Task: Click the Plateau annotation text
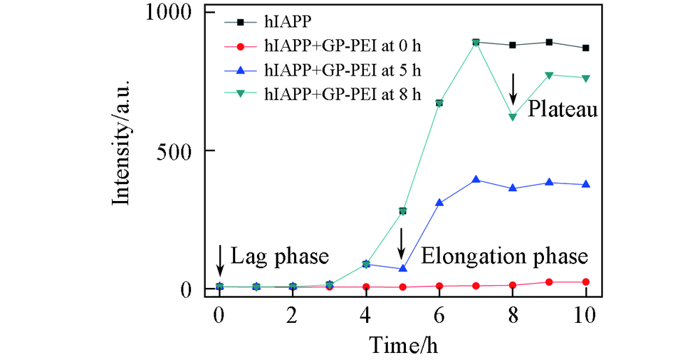562,110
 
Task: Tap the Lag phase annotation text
279,256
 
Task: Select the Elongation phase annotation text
504,256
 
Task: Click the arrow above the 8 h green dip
513,88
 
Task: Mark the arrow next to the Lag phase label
220,260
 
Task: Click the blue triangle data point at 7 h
476,180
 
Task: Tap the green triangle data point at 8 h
513,117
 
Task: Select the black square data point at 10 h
586,48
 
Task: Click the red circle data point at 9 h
549,282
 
